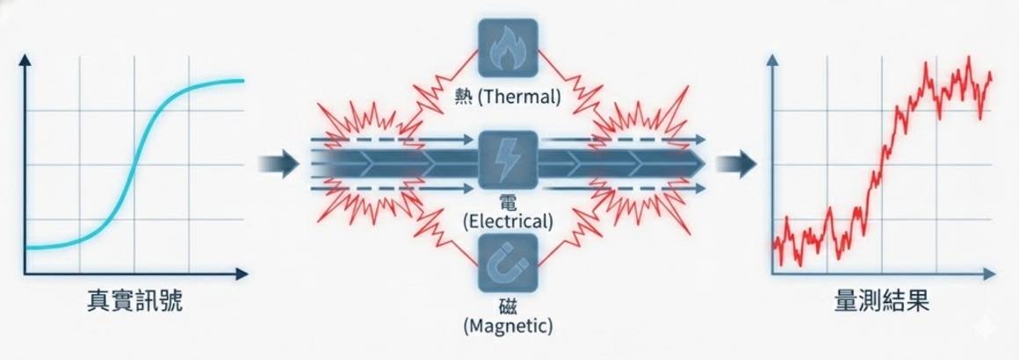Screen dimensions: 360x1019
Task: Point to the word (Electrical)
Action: tap(509, 221)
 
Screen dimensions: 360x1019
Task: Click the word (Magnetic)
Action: tap(508, 327)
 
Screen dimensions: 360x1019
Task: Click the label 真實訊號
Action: tap(135, 302)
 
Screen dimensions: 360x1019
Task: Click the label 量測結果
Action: tap(881, 302)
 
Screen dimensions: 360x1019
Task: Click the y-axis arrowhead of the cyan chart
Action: tap(25, 61)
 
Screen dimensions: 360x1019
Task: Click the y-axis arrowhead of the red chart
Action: tap(773, 61)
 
